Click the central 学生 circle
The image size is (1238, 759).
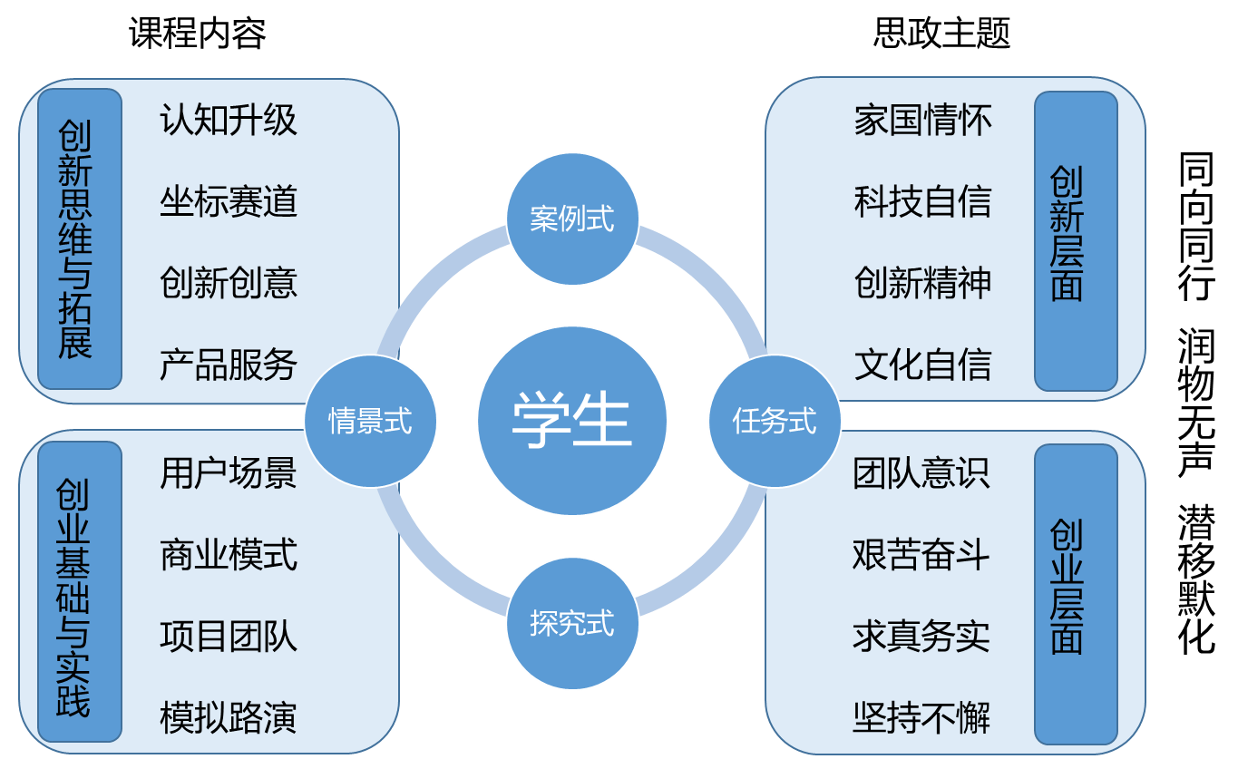click(572, 421)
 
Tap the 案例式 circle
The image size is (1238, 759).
click(572, 219)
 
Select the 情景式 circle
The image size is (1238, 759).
click(370, 421)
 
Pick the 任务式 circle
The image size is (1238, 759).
click(775, 421)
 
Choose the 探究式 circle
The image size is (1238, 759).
click(572, 624)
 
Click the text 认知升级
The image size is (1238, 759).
click(229, 121)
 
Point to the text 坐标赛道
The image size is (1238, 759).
click(229, 201)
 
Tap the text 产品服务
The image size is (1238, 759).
click(229, 365)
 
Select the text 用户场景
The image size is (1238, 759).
click(229, 473)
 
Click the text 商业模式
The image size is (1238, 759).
click(229, 554)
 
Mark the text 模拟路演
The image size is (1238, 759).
click(229, 717)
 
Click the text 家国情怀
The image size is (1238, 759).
click(923, 121)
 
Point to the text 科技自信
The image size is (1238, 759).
click(923, 201)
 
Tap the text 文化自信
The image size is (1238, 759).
click(923, 365)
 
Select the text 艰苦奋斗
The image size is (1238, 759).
click(921, 554)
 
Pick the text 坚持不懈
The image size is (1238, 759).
click(921, 717)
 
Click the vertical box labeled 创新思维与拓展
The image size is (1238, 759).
click(79, 238)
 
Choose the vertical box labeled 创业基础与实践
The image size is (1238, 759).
click(79, 592)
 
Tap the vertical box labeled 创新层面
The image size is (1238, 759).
click(1076, 240)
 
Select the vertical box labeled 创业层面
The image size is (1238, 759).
click(1076, 594)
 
